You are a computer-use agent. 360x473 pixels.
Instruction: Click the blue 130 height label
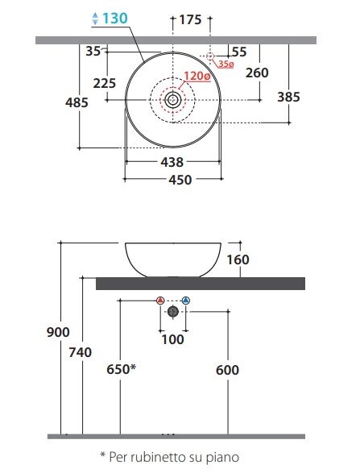pyautogui.click(x=115, y=19)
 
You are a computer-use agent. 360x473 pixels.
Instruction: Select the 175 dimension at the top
pyautogui.click(x=190, y=20)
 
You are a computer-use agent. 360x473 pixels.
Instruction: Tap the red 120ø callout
pyautogui.click(x=197, y=76)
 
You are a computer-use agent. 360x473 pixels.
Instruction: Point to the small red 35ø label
pyautogui.click(x=226, y=64)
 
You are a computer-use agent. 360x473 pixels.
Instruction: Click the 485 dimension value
pyautogui.click(x=77, y=102)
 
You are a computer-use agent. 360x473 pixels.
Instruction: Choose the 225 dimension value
pyautogui.click(x=105, y=83)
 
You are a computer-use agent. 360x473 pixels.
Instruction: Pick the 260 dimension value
pyautogui.click(x=257, y=73)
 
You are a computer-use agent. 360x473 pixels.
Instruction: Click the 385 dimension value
pyautogui.click(x=288, y=97)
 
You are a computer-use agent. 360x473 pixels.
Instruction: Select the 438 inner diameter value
pyautogui.click(x=172, y=162)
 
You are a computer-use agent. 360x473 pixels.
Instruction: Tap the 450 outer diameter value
pyautogui.click(x=180, y=180)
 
